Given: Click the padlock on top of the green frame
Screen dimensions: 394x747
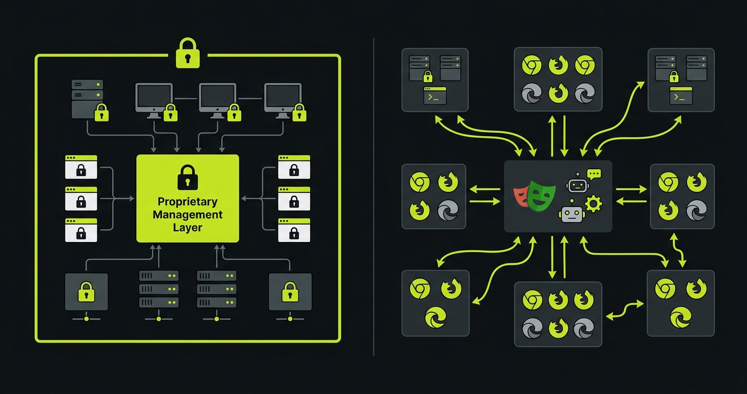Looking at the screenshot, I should [187, 53].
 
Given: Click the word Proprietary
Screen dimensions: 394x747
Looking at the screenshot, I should [187, 202].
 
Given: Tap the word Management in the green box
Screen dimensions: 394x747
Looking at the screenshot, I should [187, 215].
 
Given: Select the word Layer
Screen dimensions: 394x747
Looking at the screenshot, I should [187, 228].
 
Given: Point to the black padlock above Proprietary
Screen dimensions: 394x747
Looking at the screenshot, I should [187, 177].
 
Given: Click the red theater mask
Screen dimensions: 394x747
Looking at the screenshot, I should [521, 194].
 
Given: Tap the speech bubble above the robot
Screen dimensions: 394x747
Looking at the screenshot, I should [594, 174].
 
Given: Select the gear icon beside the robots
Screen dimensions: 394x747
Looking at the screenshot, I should [593, 203].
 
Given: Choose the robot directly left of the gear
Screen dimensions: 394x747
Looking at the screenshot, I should [571, 214].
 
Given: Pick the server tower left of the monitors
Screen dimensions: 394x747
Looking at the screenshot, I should [87, 98].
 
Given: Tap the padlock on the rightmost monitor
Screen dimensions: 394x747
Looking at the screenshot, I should [298, 112].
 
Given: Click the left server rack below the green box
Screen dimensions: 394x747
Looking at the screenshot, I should [158, 289].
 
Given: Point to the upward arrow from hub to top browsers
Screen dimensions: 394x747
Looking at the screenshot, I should [552, 135].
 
